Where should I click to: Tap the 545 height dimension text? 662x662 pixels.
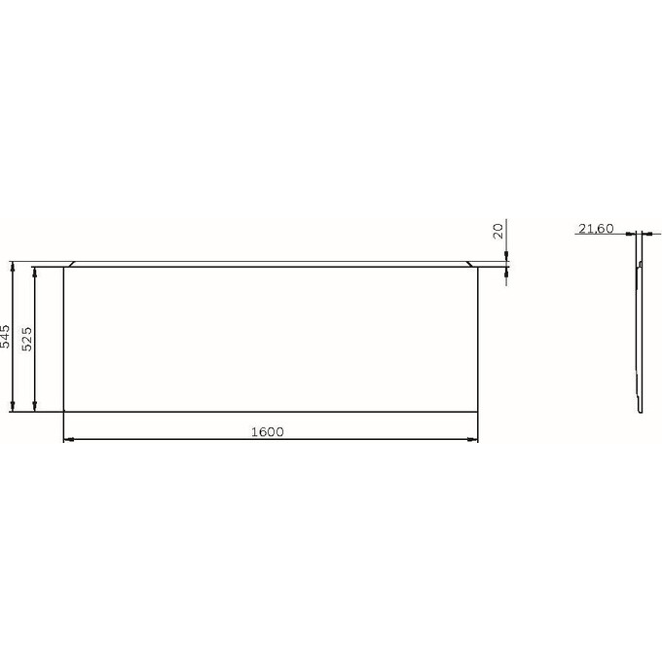point(6,337)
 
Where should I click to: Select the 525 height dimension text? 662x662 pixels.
point(28,338)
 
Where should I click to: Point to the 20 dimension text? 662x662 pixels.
point(498,231)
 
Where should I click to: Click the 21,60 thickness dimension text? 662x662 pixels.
point(595,229)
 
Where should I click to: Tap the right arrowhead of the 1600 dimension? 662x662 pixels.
point(474,440)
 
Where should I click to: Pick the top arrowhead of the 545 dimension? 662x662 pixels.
point(13,265)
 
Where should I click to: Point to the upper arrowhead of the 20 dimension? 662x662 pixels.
point(507,256)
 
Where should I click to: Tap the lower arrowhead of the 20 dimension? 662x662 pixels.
point(507,272)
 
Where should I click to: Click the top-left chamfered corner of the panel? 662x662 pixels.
point(70,264)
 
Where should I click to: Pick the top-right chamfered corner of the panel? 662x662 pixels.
point(472,264)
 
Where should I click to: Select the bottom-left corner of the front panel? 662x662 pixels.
point(63,411)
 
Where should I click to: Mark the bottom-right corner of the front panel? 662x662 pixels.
point(479,411)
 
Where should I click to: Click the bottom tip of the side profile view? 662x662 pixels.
point(641,412)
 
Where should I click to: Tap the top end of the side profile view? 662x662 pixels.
point(639,237)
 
